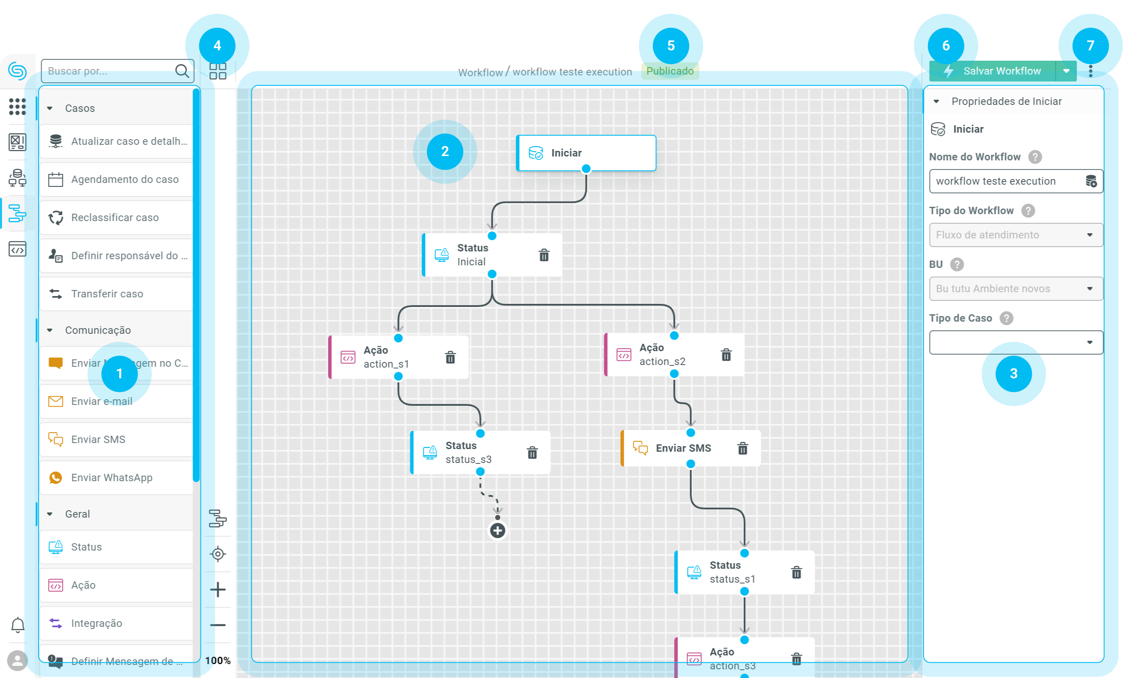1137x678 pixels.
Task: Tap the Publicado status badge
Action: (x=670, y=71)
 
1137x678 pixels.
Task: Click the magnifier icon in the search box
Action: (x=182, y=71)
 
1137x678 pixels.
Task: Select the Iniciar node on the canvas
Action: (x=586, y=153)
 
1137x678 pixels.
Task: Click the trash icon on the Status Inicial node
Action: (x=544, y=255)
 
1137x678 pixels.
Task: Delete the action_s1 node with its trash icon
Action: (x=450, y=357)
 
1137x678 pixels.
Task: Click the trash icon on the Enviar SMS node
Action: (x=743, y=449)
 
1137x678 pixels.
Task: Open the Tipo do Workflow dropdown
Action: (x=1016, y=235)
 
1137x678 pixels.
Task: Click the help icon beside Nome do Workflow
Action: (x=1035, y=157)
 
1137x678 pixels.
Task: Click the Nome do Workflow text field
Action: (x=1006, y=181)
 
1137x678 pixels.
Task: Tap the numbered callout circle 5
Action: (x=671, y=45)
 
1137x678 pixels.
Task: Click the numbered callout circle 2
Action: (x=445, y=152)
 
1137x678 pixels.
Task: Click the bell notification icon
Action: (x=17, y=625)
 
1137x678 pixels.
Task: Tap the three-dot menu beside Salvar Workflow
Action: (x=1091, y=71)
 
